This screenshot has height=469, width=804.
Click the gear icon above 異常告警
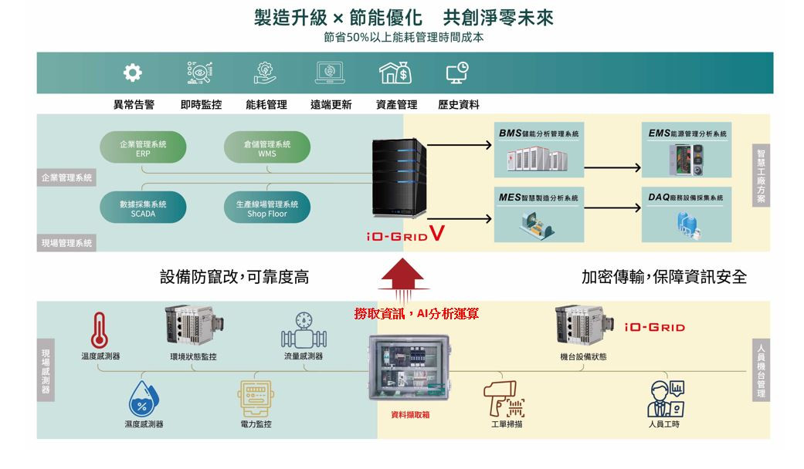coord(133,73)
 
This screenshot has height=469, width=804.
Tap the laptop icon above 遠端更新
coord(331,73)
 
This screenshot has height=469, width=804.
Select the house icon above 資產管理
coord(395,73)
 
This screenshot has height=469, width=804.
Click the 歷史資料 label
coord(458,105)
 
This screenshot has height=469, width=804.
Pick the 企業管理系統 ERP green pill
coord(143,148)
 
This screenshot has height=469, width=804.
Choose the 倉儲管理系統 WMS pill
coord(267,148)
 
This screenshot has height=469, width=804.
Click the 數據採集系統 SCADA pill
coord(143,209)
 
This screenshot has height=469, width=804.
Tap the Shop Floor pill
coord(267,209)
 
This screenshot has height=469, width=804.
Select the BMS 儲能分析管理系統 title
coord(538,134)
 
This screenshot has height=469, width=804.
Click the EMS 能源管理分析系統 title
coord(687,134)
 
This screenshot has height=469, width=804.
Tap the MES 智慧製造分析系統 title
coord(538,198)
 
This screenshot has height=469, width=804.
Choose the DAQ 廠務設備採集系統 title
coord(686,198)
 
